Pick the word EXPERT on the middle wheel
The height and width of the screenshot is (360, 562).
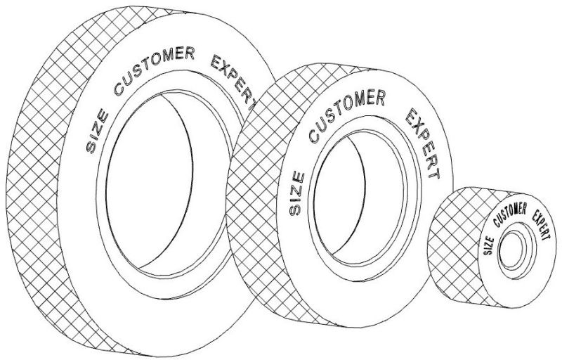pyautogui.click(x=422, y=143)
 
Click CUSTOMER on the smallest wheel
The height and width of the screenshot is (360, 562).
pyautogui.click(x=511, y=211)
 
